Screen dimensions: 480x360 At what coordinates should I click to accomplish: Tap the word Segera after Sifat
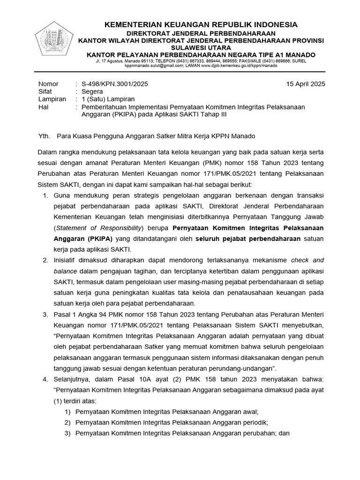92,91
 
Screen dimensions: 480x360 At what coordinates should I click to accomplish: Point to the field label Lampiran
52,99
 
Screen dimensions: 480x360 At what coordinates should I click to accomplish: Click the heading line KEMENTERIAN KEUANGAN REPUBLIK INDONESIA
201,25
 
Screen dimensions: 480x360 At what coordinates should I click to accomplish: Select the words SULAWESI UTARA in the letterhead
201,48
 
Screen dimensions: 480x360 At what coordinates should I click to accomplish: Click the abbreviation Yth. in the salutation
44,136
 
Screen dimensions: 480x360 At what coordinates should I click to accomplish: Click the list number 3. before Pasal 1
45,314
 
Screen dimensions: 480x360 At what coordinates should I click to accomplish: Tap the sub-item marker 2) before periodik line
68,422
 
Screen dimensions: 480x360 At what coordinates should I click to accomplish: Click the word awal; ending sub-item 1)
250,412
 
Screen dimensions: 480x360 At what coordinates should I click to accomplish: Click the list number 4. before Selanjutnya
45,379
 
